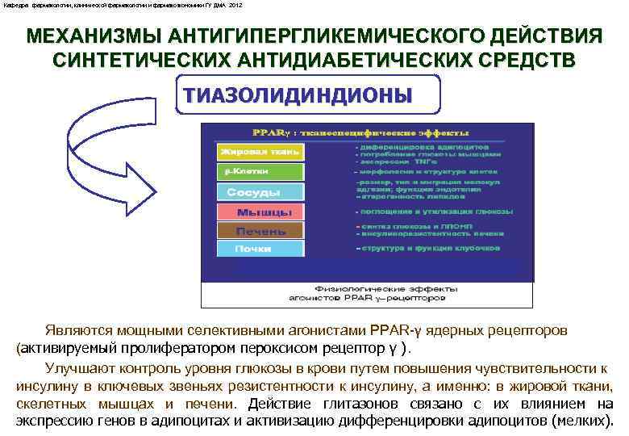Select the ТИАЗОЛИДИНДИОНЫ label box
(298, 94)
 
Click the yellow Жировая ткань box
(260, 151)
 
